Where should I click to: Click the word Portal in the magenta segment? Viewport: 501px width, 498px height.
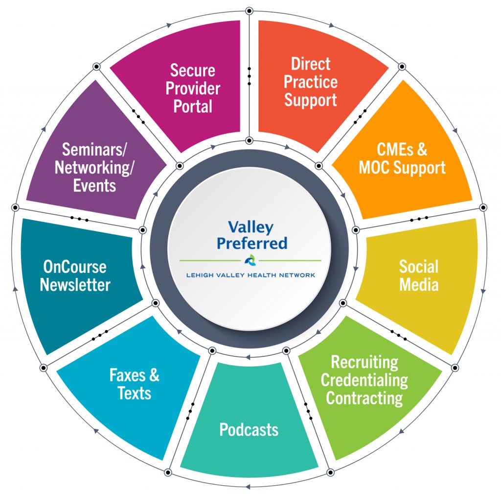(x=193, y=106)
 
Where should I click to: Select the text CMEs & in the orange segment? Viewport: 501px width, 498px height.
(x=402, y=149)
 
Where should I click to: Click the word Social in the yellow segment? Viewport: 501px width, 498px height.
(x=418, y=267)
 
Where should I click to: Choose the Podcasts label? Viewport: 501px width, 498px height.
(x=249, y=429)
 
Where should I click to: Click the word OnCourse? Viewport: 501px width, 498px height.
(x=74, y=267)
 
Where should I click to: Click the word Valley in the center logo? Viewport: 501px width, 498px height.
(x=250, y=227)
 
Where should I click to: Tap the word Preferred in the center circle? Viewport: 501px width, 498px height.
(x=251, y=243)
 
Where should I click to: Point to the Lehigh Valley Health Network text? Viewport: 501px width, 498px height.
(x=250, y=275)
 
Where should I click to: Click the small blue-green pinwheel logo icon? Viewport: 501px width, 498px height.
(x=250, y=260)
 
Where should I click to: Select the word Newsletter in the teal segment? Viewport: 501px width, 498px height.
(x=75, y=284)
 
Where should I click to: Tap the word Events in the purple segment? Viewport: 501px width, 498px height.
(x=95, y=185)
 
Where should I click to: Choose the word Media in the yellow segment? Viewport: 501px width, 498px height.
(x=418, y=284)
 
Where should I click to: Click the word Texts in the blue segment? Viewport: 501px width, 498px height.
(x=134, y=393)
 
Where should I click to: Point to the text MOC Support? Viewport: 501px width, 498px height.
(x=402, y=168)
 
